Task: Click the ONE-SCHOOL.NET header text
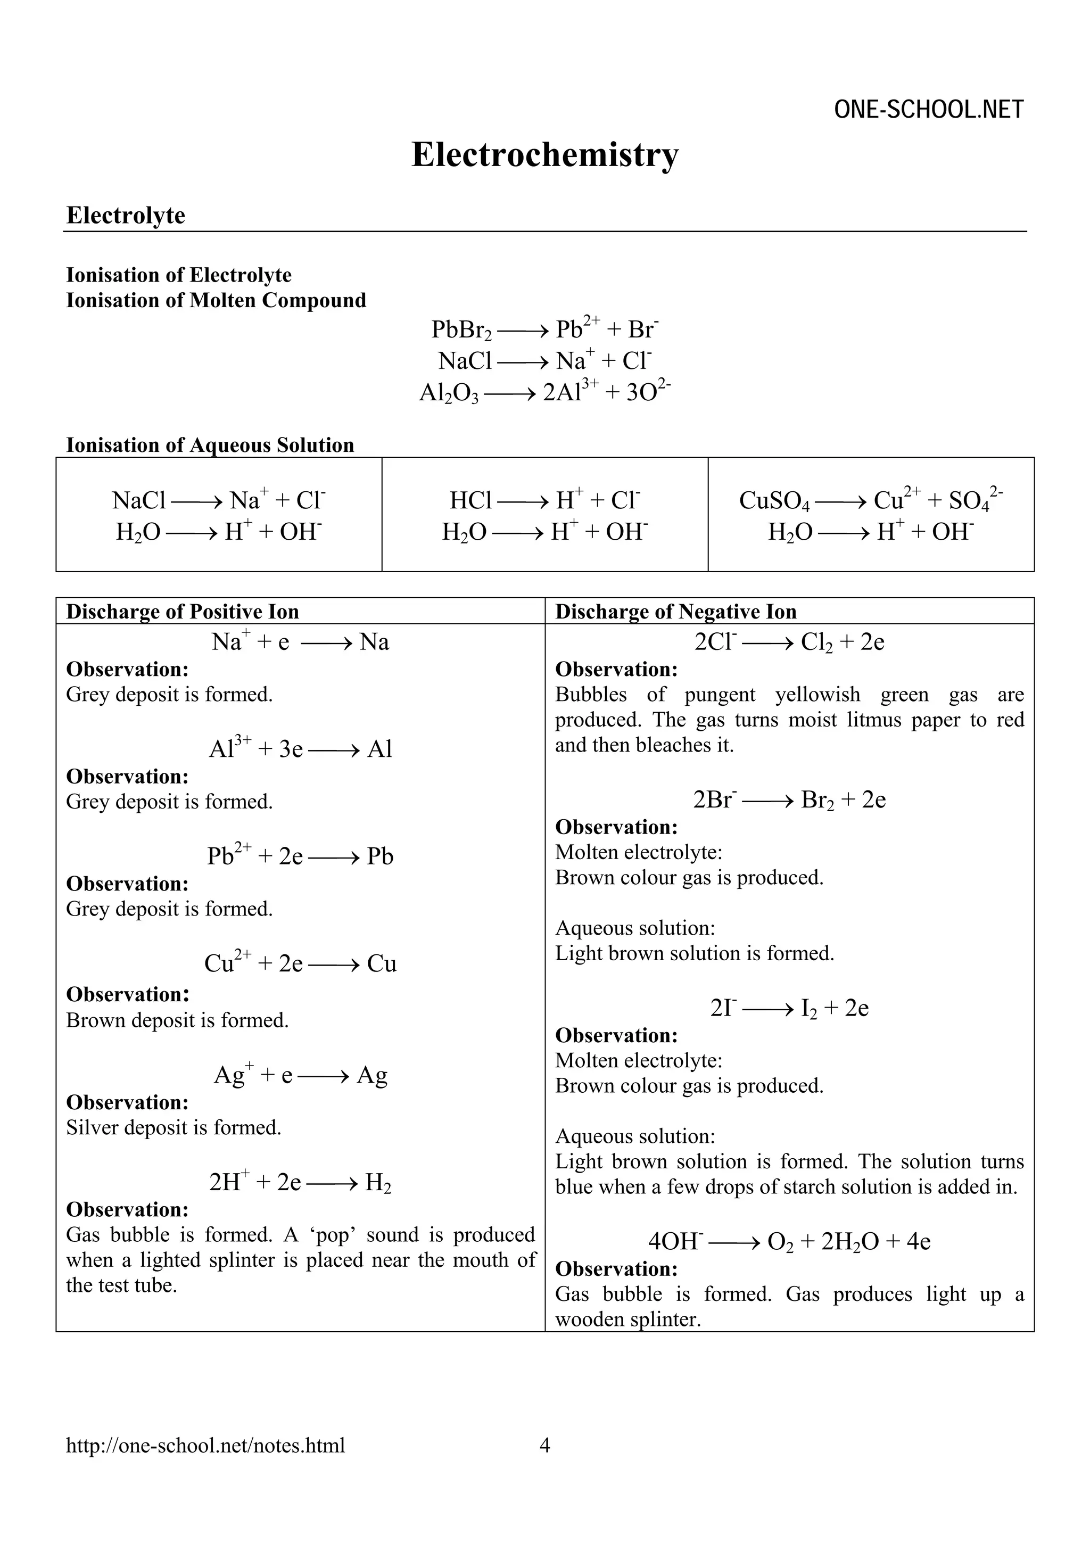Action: pyautogui.click(x=928, y=110)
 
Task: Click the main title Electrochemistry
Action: pyautogui.click(x=544, y=154)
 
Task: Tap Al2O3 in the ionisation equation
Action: pyautogui.click(x=448, y=392)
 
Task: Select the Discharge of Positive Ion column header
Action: pyautogui.click(x=182, y=611)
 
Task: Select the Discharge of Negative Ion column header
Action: pyautogui.click(x=675, y=611)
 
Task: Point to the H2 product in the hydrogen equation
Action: pyautogui.click(x=377, y=1183)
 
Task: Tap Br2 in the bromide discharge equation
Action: pyautogui.click(x=816, y=800)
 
